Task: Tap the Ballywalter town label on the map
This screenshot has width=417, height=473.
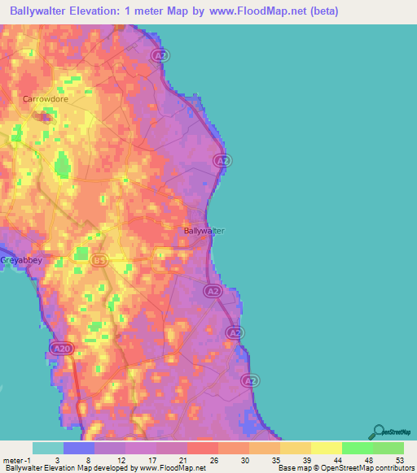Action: pyautogui.click(x=203, y=231)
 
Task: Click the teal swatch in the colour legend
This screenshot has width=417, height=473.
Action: pyautogui.click(x=48, y=448)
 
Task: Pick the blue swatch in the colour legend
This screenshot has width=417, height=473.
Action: pyautogui.click(x=79, y=448)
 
